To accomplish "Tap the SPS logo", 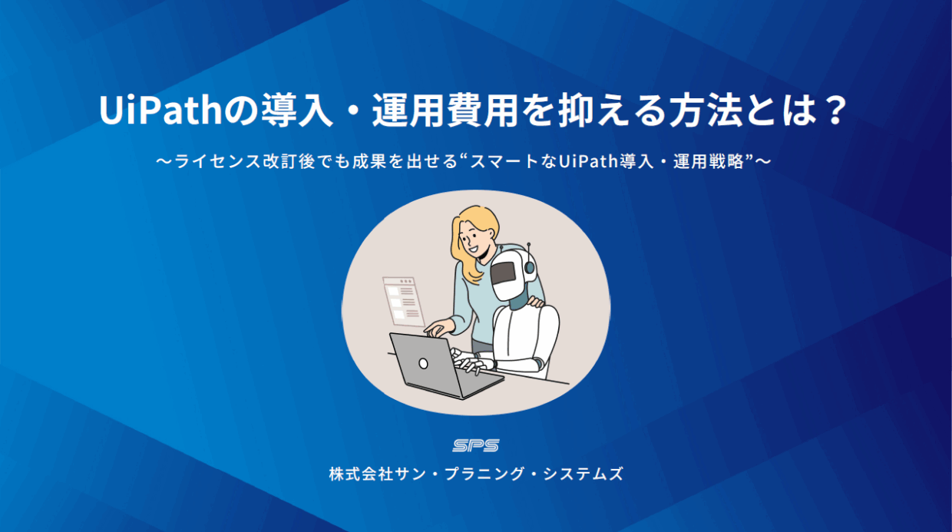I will (476, 445).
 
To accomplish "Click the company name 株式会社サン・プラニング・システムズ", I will (476, 474).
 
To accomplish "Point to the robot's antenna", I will (529, 257).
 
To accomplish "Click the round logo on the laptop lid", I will (423, 362).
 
